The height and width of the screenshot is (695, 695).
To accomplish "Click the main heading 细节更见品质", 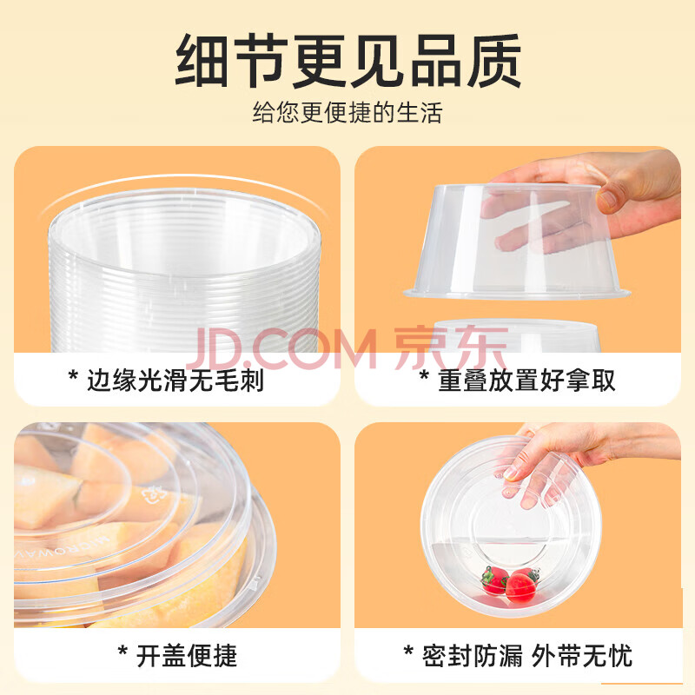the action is [348, 61].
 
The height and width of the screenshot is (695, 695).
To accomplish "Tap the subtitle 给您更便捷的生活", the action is [347, 113].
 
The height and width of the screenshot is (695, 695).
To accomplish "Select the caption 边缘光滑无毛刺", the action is [175, 381].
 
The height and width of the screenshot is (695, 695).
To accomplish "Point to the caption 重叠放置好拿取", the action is [526, 381].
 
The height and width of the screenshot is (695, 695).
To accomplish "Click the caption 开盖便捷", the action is [187, 656].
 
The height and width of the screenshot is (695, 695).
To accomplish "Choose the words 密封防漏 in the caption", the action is [473, 656].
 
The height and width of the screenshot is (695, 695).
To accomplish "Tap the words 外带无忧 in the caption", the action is [581, 656].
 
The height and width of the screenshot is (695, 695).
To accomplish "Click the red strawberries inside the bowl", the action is [509, 583].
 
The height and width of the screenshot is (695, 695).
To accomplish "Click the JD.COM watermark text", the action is [281, 349].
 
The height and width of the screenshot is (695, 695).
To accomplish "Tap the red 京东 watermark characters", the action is [451, 348].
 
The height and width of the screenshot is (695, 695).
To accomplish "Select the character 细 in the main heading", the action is [203, 61].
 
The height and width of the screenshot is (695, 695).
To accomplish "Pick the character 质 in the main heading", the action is [493, 61].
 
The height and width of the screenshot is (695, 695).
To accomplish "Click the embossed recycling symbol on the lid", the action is [154, 498].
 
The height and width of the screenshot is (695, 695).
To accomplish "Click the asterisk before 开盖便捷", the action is [122, 652].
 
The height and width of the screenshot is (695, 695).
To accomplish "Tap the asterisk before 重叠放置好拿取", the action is [424, 376].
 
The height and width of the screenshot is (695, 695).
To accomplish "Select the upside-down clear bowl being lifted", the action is [516, 242].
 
